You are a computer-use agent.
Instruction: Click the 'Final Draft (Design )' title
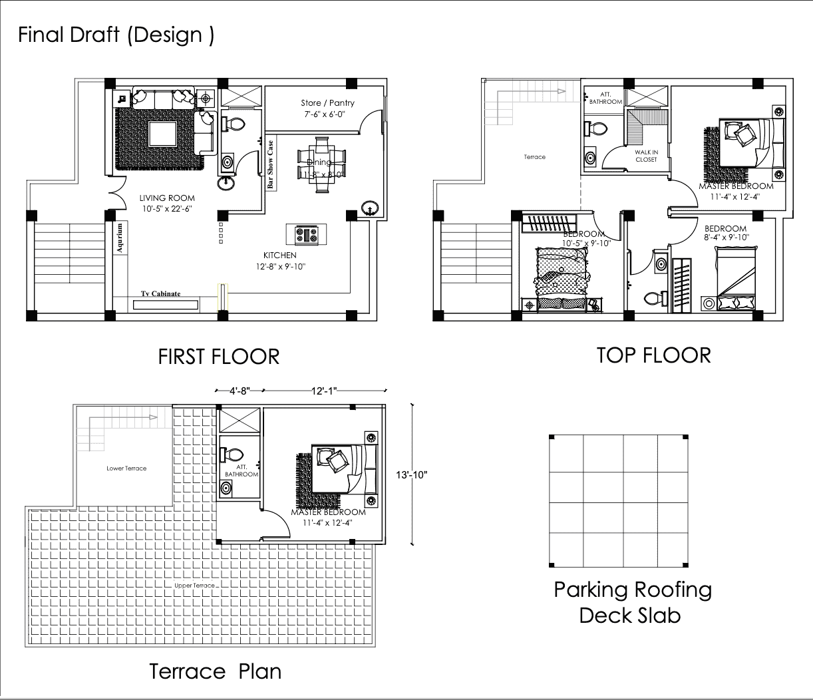pyautogui.click(x=116, y=35)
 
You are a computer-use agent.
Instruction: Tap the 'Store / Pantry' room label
pyautogui.click(x=327, y=103)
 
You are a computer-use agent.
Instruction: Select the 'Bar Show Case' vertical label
pyautogui.click(x=271, y=165)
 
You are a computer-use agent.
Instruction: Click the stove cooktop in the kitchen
pyautogui.click(x=307, y=234)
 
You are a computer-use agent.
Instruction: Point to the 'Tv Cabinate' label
pyautogui.click(x=160, y=293)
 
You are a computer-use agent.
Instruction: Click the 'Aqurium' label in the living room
pyautogui.click(x=120, y=238)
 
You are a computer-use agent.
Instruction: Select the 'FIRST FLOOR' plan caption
pyautogui.click(x=218, y=357)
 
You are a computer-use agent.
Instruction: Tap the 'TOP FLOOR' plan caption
pyautogui.click(x=653, y=355)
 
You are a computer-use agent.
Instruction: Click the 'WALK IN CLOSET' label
pyautogui.click(x=646, y=156)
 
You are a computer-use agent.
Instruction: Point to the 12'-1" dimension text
pyautogui.click(x=324, y=391)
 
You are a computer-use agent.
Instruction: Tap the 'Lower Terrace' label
pyautogui.click(x=126, y=468)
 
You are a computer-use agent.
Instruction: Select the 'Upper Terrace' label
pyautogui.click(x=194, y=586)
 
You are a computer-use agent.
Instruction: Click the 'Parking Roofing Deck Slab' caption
pyautogui.click(x=632, y=602)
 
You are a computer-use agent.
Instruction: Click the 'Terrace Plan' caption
pyautogui.click(x=215, y=671)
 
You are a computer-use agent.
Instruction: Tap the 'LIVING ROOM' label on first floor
pyautogui.click(x=167, y=198)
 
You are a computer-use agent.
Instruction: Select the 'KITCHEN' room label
pyautogui.click(x=279, y=256)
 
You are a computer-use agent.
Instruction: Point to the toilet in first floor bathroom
pyautogui.click(x=234, y=124)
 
